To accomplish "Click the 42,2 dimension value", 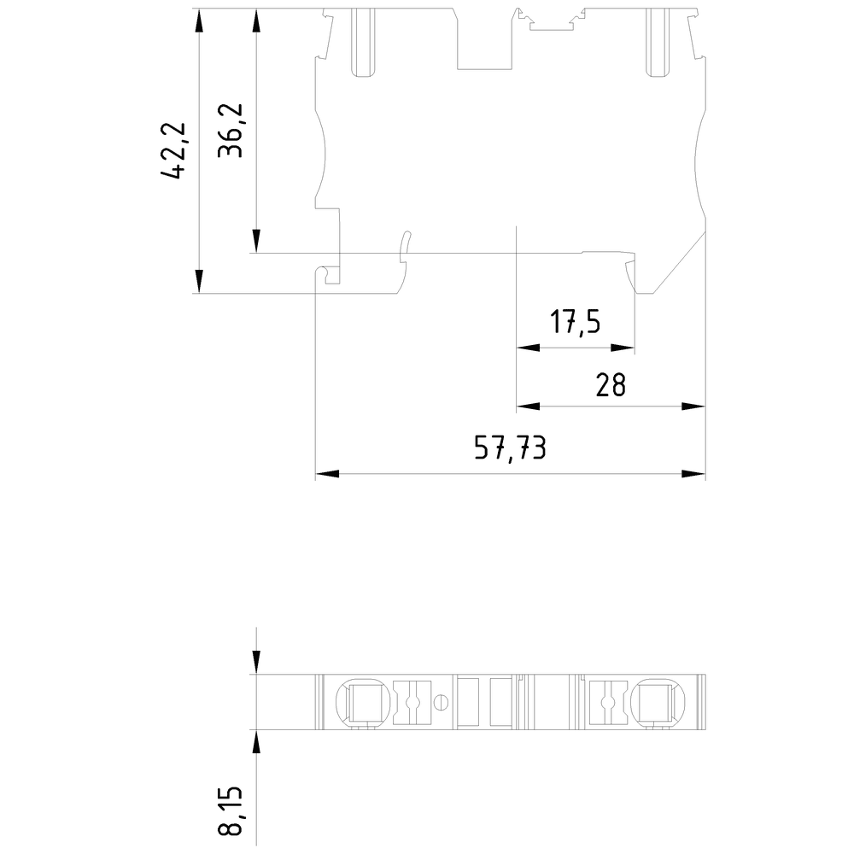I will (173, 150).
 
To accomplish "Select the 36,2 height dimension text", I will (231, 131).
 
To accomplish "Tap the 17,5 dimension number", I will (575, 323).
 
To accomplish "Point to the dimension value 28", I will (611, 385).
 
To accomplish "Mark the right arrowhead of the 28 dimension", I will (693, 407).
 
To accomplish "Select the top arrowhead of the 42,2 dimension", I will (198, 20).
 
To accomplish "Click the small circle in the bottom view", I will (441, 703).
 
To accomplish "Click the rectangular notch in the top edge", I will (485, 43).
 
